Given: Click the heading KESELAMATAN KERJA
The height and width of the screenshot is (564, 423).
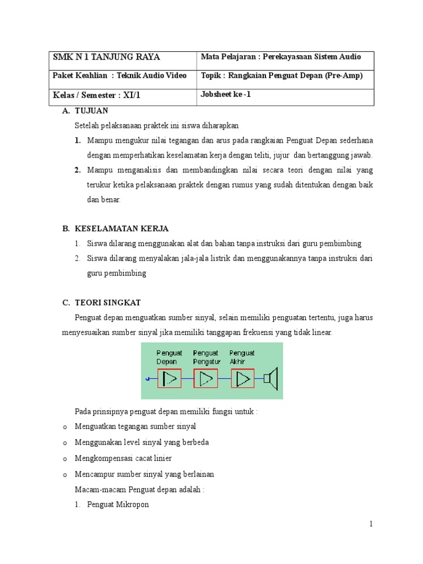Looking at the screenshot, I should pos(122,228).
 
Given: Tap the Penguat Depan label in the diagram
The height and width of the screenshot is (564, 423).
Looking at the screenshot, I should pos(167,357).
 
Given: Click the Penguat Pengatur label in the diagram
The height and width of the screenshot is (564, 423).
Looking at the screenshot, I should pos(207,357).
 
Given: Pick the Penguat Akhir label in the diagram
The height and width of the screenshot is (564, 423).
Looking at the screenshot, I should pos(242,357).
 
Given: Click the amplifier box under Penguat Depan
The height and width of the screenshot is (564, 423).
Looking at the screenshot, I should pos(169,378).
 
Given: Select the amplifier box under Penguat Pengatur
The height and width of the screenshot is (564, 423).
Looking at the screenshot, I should pos(206,378).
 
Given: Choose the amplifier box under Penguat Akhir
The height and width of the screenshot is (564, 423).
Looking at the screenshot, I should pos(242,378).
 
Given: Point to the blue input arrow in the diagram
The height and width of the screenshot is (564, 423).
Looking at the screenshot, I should pos(148,379).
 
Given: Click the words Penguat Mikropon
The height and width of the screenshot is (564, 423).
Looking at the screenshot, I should pos(118,505).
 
